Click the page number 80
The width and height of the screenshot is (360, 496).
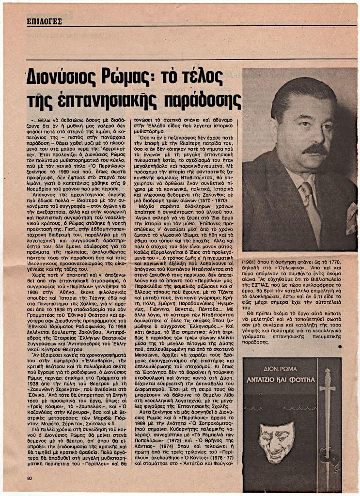[30, 480]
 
